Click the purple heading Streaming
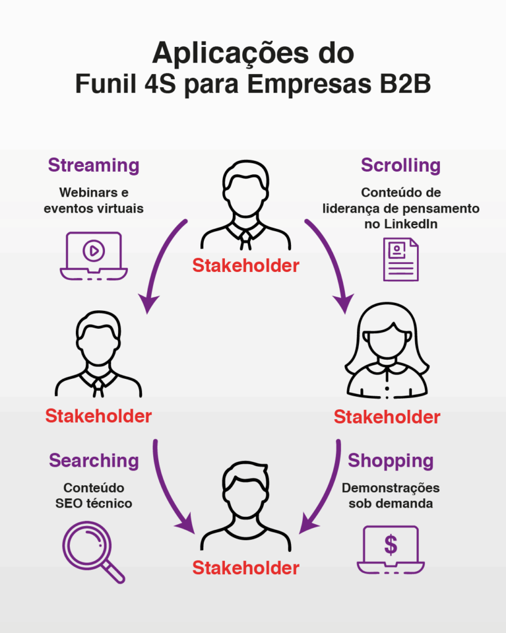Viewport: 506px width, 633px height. point(93,166)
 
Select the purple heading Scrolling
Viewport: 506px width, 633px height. point(400,166)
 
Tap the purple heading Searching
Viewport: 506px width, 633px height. point(94,461)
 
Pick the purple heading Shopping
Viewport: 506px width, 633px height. point(390,461)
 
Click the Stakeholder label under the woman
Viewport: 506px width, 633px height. point(387,417)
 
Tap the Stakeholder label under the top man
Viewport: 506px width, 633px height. point(245,266)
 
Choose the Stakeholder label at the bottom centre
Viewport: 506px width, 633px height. point(245,567)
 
